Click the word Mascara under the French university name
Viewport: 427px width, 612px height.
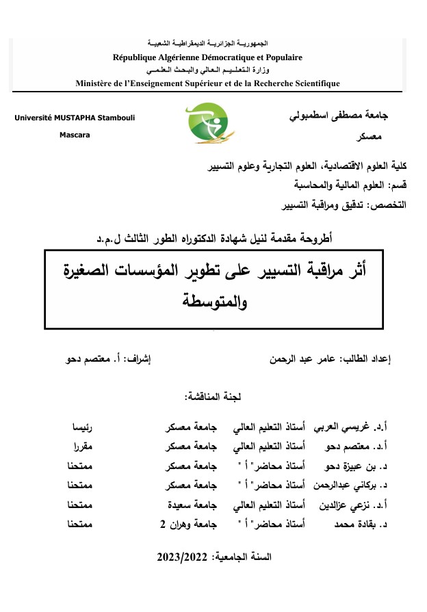[x=75, y=135]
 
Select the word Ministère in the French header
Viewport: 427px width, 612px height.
[x=95, y=83]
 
